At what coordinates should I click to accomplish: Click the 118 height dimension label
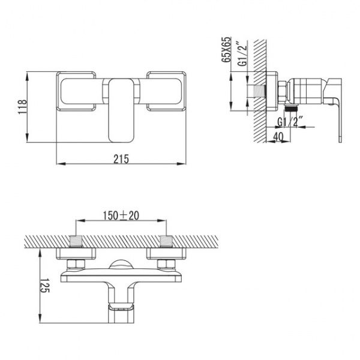pyautogui.click(x=23, y=107)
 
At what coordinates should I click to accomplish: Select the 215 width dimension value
pyautogui.click(x=121, y=159)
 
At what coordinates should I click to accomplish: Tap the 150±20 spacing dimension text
pyautogui.click(x=121, y=215)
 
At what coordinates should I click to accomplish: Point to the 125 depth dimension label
pyautogui.click(x=45, y=286)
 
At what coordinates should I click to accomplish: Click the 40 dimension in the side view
pyautogui.click(x=278, y=137)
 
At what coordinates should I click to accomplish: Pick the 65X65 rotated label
pyautogui.click(x=226, y=49)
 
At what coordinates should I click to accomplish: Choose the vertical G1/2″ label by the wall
pyautogui.click(x=242, y=54)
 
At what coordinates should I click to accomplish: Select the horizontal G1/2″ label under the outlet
pyautogui.click(x=290, y=122)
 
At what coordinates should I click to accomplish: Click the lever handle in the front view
pyautogui.click(x=121, y=110)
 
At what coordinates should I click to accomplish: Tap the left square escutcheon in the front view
pyautogui.click(x=76, y=91)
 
